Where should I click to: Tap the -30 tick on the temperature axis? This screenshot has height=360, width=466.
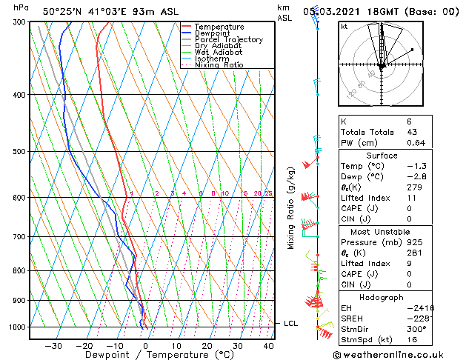[x=53, y=345]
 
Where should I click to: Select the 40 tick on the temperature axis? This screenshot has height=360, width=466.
[x=268, y=345]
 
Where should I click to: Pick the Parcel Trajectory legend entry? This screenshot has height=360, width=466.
[x=228, y=40]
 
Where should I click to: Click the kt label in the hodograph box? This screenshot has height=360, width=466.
[x=344, y=26]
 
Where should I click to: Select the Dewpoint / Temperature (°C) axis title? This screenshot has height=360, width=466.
[x=147, y=356]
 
